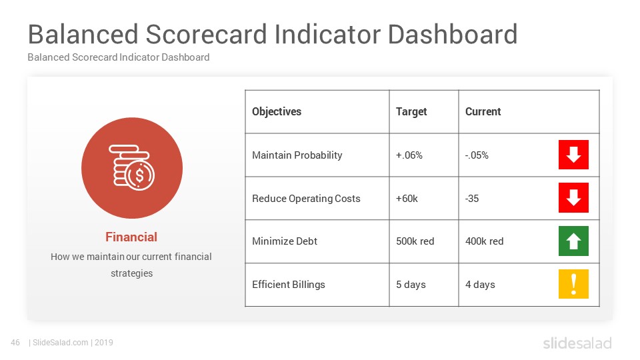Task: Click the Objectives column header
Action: (x=276, y=112)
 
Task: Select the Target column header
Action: (x=411, y=112)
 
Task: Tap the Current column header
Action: (x=483, y=111)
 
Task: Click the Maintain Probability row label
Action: (x=297, y=155)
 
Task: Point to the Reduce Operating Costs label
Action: (x=306, y=199)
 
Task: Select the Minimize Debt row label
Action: (x=285, y=241)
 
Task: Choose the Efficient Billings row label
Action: (x=289, y=285)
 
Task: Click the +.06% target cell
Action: (x=409, y=155)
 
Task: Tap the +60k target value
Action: (x=407, y=199)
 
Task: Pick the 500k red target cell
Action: (x=415, y=241)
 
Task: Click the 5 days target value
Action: (x=411, y=285)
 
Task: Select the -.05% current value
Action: (x=477, y=155)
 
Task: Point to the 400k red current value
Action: (x=484, y=241)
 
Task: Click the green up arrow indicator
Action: (x=573, y=241)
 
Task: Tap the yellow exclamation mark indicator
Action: (x=573, y=284)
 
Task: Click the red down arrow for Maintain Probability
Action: (x=573, y=155)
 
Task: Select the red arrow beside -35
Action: (x=573, y=197)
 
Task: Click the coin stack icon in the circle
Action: (x=132, y=168)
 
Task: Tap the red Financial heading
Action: (x=131, y=237)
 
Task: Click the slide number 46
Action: (x=15, y=343)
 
